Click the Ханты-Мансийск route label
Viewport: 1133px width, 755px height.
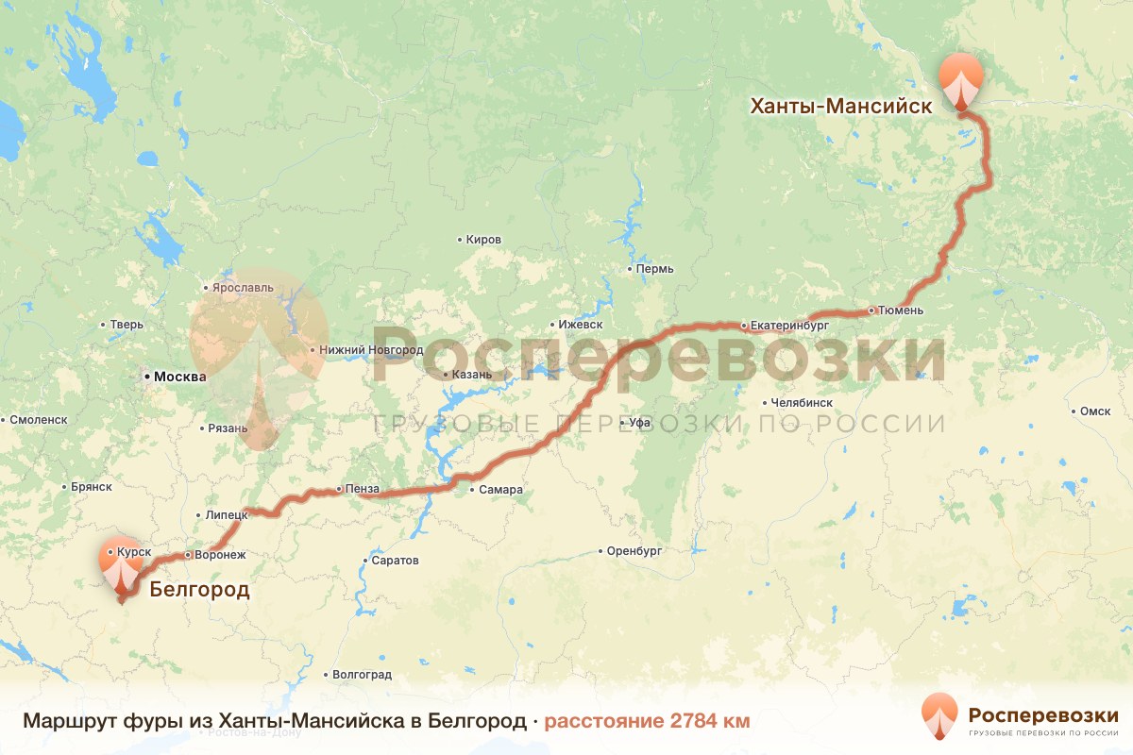pos(840,107)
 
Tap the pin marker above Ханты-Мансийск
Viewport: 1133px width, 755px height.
pos(960,81)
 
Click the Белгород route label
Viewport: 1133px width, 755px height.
pos(199,592)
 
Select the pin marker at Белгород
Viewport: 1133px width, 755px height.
pos(121,570)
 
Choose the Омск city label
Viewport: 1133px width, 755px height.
pos(1095,411)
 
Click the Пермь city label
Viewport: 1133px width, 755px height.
pos(655,269)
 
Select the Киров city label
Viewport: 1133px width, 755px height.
pos(483,240)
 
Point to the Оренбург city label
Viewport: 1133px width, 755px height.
pos(634,550)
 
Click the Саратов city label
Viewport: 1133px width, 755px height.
pos(395,561)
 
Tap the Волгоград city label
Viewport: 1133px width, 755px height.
pos(362,675)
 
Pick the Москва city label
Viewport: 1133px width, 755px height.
pos(179,377)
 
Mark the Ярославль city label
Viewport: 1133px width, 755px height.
pos(244,287)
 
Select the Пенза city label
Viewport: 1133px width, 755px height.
pos(363,489)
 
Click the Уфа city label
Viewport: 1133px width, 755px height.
pos(640,422)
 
